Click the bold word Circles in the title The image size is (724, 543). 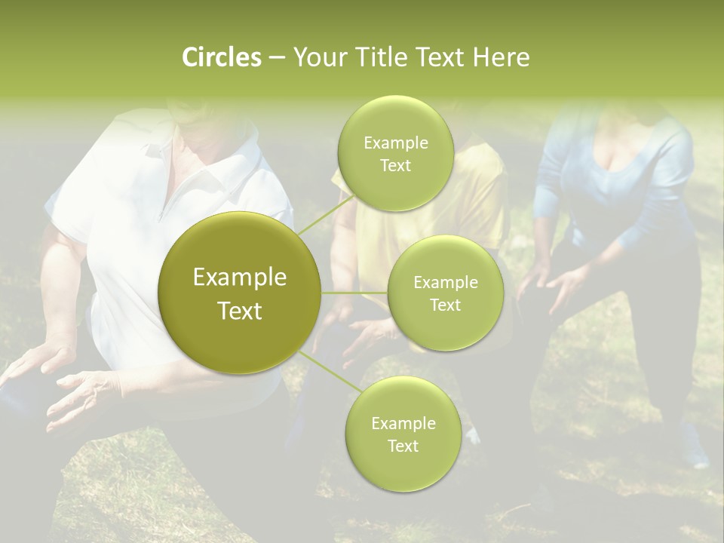point(221,57)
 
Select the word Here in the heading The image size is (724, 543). point(502,57)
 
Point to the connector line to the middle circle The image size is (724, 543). point(354,293)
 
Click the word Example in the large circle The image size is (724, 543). point(240,278)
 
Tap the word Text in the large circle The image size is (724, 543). point(240,311)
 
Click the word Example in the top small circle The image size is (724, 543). point(396,143)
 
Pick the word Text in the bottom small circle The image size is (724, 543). point(403,446)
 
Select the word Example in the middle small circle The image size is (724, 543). point(446,283)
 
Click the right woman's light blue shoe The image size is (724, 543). point(692,449)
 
